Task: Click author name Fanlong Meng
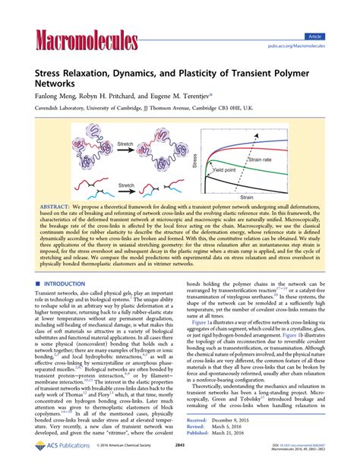(x=53, y=98)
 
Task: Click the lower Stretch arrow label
(x=127, y=184)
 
